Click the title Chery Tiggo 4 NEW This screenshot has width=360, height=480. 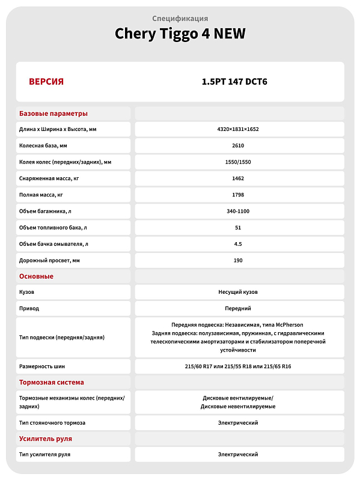point(180,34)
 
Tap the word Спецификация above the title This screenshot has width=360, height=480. point(180,19)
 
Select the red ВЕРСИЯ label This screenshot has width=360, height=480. point(46,82)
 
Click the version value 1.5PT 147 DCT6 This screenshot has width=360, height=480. point(238,82)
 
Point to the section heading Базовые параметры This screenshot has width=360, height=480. point(53,114)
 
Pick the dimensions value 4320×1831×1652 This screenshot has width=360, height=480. point(238,129)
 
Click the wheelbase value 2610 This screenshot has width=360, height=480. point(238,145)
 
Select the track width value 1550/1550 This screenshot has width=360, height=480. point(238,162)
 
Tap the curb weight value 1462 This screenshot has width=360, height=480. point(238,178)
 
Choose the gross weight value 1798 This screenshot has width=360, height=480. point(238,195)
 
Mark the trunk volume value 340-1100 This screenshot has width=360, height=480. point(238,211)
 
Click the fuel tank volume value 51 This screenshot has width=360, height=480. point(238,228)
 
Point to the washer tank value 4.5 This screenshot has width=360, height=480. point(238,244)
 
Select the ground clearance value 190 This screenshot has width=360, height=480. point(238,260)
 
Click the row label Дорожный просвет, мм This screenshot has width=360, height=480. point(50,260)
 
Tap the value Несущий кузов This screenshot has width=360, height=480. point(238,292)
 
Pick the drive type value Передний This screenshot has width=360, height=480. point(238,308)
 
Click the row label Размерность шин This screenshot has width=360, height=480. point(42,366)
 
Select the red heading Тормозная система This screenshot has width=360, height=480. point(52,382)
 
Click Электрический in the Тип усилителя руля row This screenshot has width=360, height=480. point(238,454)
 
